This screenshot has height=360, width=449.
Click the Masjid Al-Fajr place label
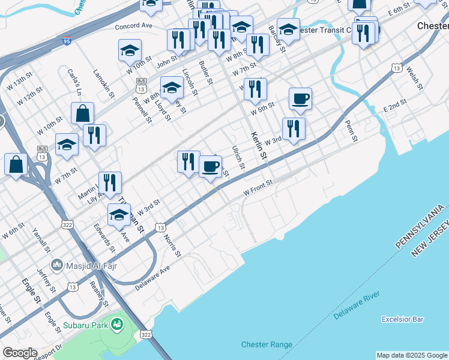tap(83, 264)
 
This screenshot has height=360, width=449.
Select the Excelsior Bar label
tap(402, 319)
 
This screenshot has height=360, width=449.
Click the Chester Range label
tap(267, 344)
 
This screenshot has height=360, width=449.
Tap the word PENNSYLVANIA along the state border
tap(420, 227)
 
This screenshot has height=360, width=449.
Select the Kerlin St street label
tap(259, 146)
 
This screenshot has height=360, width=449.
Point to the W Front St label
tap(258, 187)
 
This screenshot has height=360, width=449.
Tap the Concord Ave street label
tap(134, 26)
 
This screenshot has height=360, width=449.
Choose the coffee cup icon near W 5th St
tap(300, 99)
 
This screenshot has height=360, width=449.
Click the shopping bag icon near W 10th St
tap(82, 113)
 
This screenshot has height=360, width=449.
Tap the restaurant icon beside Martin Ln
tap(110, 181)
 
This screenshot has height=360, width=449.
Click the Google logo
tap(19, 353)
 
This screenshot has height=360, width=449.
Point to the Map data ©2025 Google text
tap(412, 355)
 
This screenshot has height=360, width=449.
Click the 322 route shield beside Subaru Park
tap(145, 334)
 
